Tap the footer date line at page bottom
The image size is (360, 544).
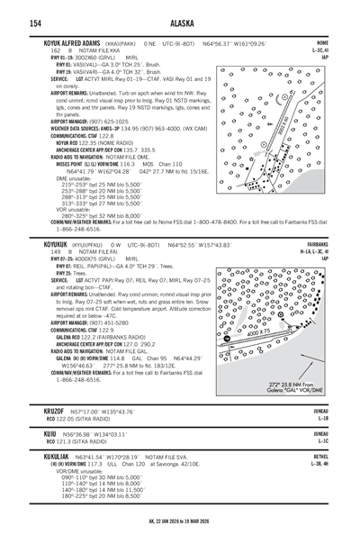180,532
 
